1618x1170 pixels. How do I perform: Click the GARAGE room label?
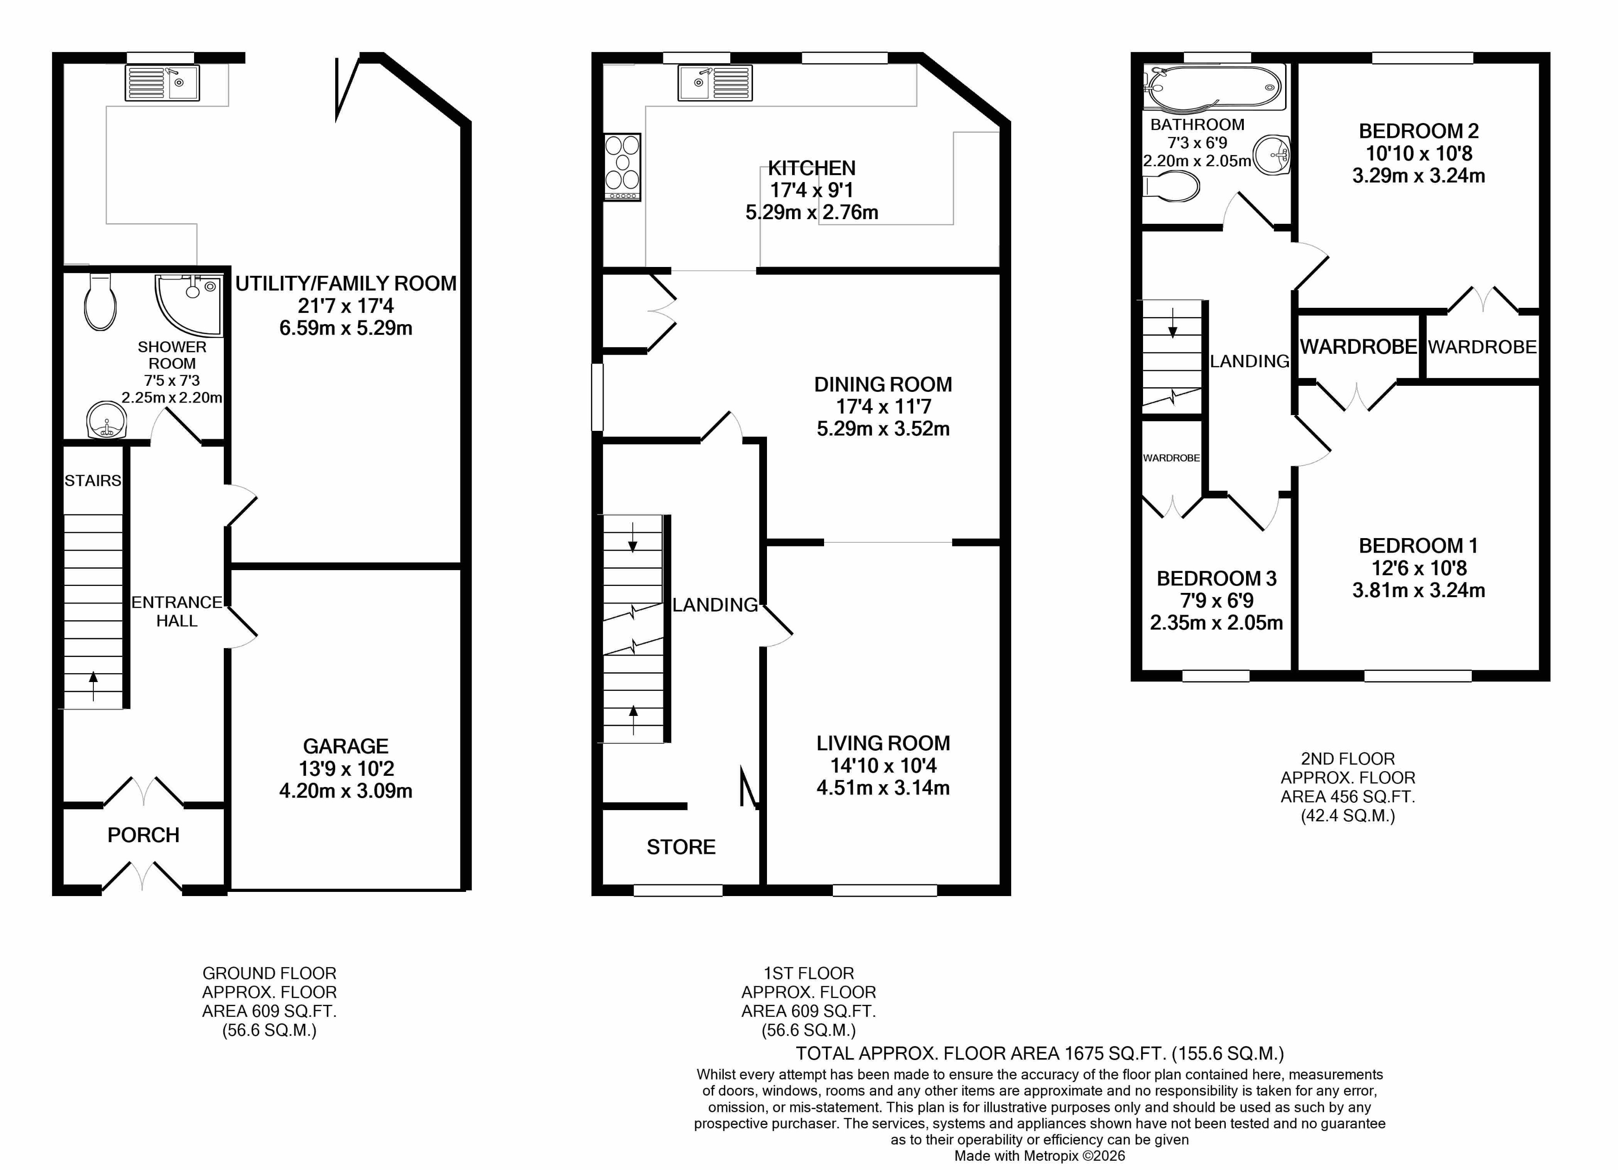(345, 746)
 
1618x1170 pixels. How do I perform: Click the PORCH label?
(143, 835)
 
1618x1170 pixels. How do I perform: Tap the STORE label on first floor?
(681, 847)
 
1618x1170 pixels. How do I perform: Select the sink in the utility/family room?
(162, 82)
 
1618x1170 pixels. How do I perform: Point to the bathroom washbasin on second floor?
(1272, 155)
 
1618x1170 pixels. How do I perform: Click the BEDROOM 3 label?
(1216, 578)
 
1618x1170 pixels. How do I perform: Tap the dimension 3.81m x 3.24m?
(1418, 590)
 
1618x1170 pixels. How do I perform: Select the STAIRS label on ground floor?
(93, 481)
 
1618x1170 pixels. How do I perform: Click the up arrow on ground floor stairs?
(93, 685)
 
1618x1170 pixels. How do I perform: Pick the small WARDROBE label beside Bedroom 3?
(1171, 458)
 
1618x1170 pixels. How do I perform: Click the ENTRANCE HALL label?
(177, 611)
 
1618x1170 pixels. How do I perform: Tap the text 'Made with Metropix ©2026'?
(1040, 1156)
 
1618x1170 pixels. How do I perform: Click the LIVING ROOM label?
(883, 743)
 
